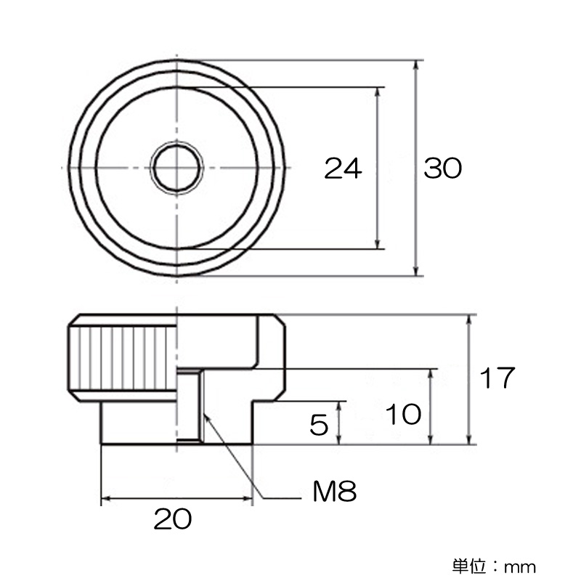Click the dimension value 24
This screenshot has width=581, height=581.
(x=343, y=168)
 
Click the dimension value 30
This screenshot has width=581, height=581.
(x=443, y=168)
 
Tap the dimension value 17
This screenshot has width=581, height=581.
(x=497, y=378)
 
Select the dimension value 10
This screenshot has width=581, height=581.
(x=404, y=414)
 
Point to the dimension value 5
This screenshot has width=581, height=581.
(x=319, y=425)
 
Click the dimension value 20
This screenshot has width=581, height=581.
(x=173, y=519)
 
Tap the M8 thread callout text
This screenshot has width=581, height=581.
(x=335, y=492)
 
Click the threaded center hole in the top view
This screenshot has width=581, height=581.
(x=177, y=168)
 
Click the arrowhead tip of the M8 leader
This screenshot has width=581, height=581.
(x=205, y=413)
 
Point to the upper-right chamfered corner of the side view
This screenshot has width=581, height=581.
(x=280, y=320)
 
